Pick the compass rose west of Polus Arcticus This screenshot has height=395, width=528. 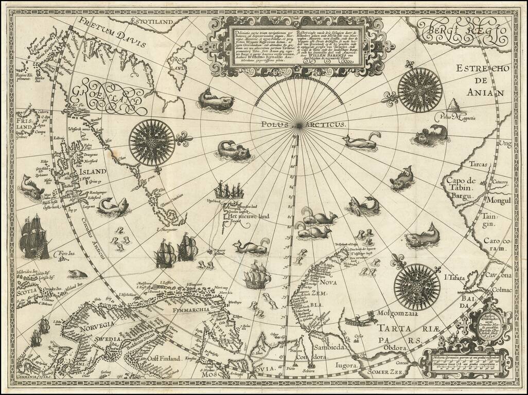click(x=152, y=139)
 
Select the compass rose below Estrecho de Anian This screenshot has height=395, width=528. click(x=420, y=91)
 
